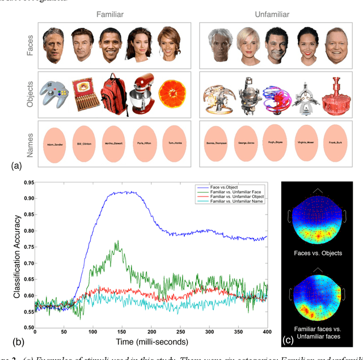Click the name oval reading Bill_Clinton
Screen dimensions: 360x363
pos(83,143)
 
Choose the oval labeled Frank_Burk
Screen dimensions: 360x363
pos(332,143)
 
